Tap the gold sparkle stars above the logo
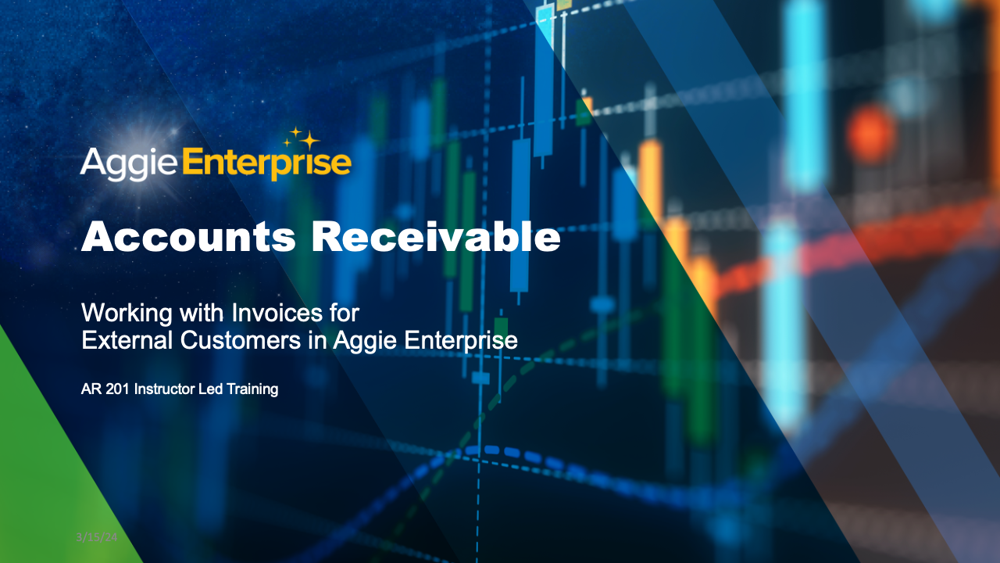click(302, 139)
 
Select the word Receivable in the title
click(436, 236)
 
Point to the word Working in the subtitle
click(128, 314)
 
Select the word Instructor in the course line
click(165, 389)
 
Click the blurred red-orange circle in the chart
click(872, 134)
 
